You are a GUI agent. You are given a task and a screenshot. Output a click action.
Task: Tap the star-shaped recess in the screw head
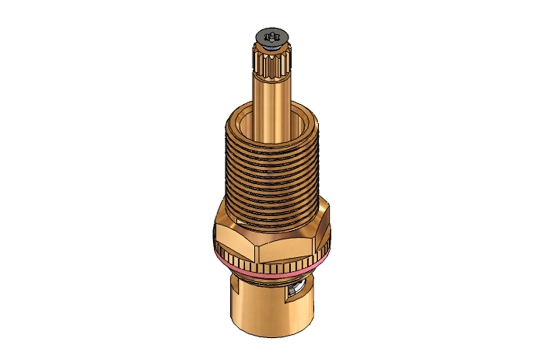pyautogui.click(x=270, y=36)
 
